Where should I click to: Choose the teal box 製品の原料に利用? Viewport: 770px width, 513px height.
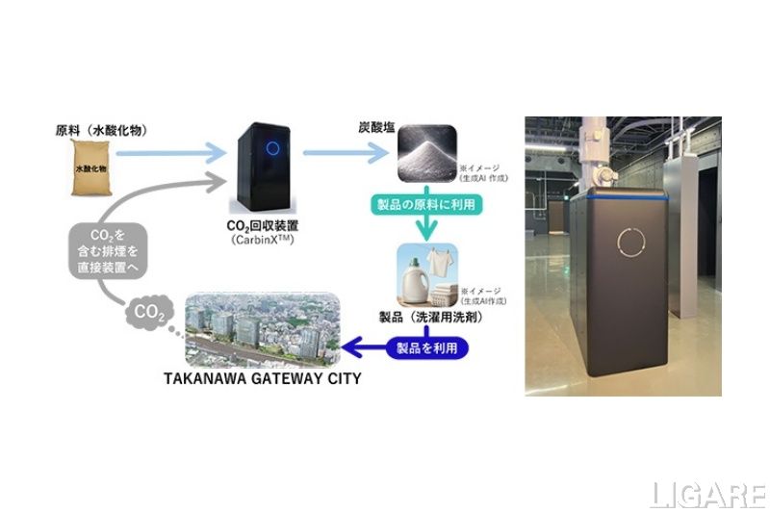(x=423, y=204)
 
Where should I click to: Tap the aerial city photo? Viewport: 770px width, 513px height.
(x=265, y=327)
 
